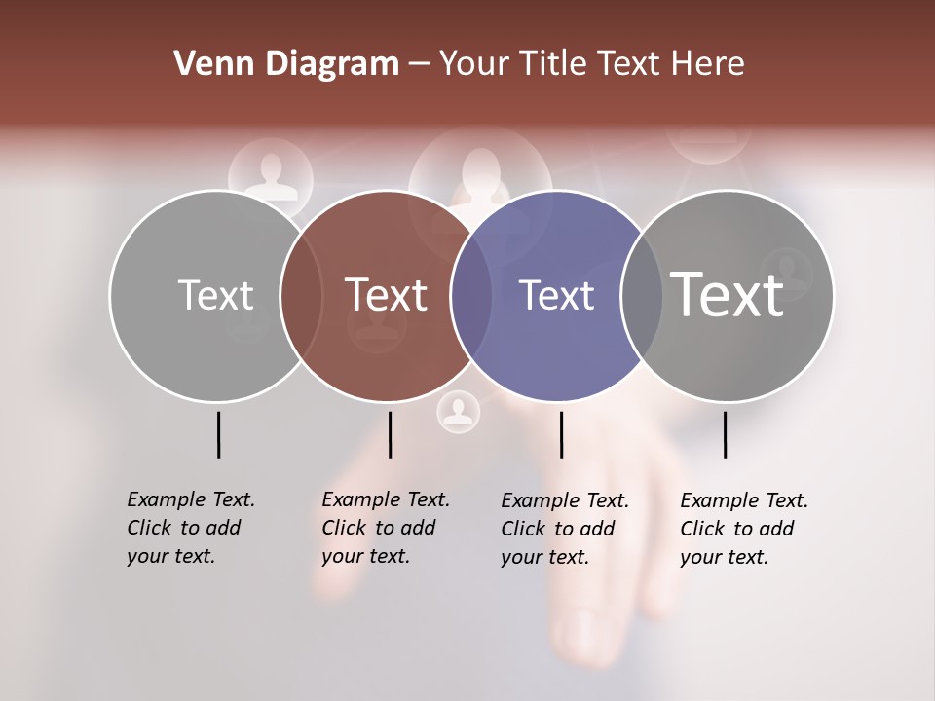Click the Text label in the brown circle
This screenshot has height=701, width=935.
(387, 295)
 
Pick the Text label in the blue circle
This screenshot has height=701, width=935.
(556, 295)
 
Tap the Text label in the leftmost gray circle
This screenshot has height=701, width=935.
(215, 295)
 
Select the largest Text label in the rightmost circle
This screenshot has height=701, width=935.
(728, 294)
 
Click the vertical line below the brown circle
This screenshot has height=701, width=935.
(390, 434)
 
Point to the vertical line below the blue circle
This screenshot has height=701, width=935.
(561, 434)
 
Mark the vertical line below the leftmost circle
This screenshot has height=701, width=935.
(218, 434)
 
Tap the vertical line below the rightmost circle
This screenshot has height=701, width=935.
(725, 434)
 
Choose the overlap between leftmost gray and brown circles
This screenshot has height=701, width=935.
(301, 295)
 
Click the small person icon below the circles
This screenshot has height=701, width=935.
(458, 412)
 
